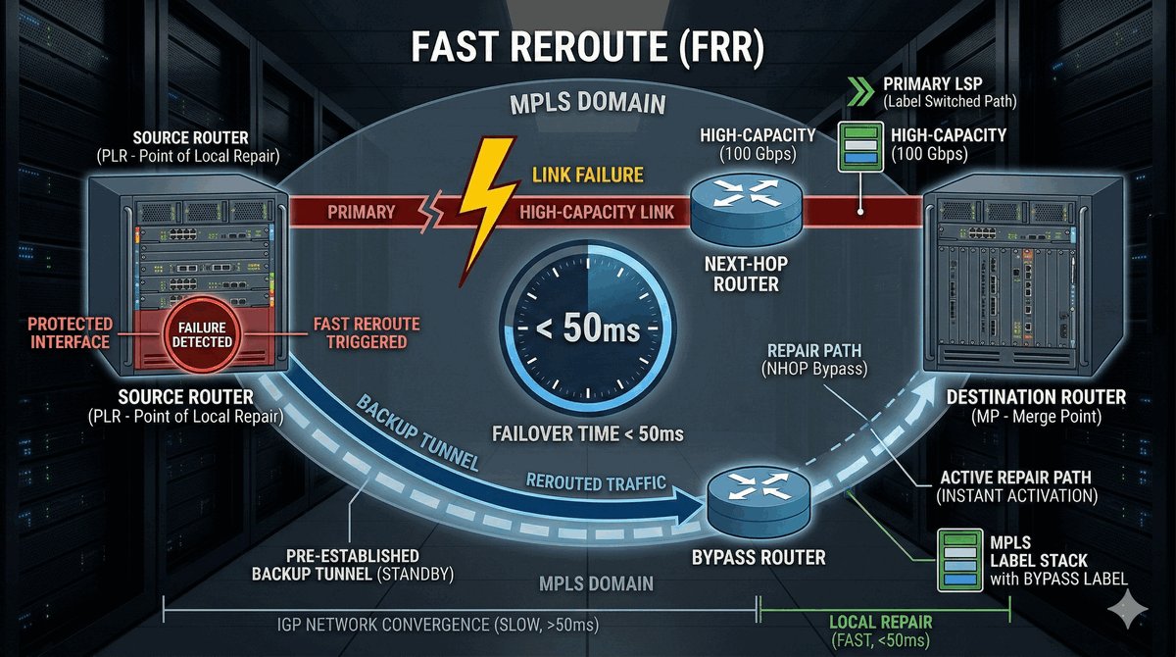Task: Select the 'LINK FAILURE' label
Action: click(x=587, y=175)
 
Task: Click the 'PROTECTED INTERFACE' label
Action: click(x=70, y=332)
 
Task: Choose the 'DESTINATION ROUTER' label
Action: click(x=1036, y=397)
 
